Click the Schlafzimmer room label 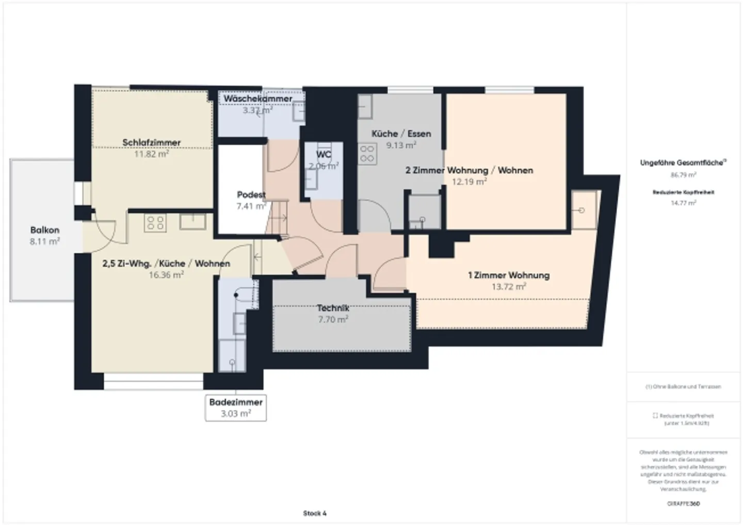151,142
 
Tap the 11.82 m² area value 151,154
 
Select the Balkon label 44,230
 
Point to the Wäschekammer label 257,99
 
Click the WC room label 324,154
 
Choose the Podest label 251,194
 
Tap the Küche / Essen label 401,134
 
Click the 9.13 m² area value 401,145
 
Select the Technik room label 333,308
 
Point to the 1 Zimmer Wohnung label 508,275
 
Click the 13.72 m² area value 508,287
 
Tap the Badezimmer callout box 236,407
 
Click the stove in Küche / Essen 367,153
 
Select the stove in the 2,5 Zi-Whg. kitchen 155,223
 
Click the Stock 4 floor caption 315,513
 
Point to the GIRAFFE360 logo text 683,503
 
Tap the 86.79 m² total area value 683,175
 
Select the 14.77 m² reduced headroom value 683,203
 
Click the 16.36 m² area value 166,275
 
